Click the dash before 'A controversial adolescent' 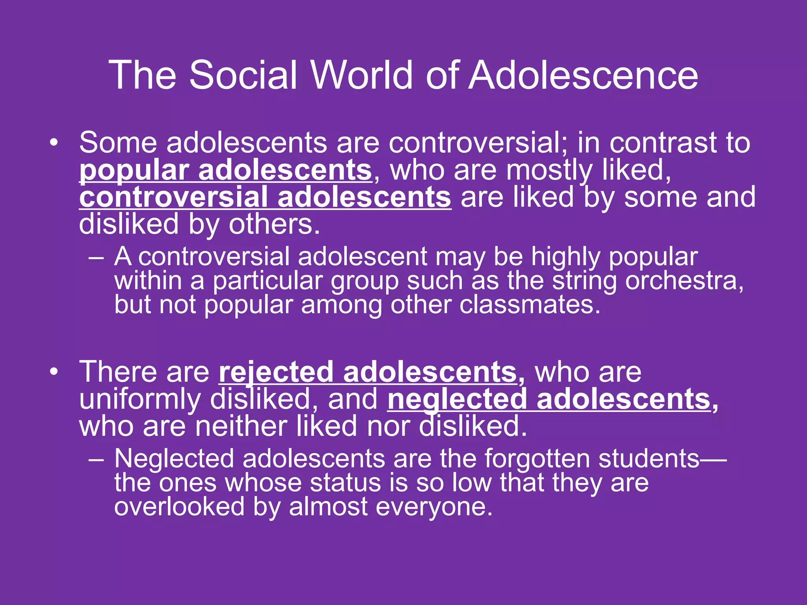click(96, 258)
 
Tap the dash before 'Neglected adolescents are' click(96, 460)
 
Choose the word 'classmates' click(530, 304)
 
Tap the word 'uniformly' click(140, 399)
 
